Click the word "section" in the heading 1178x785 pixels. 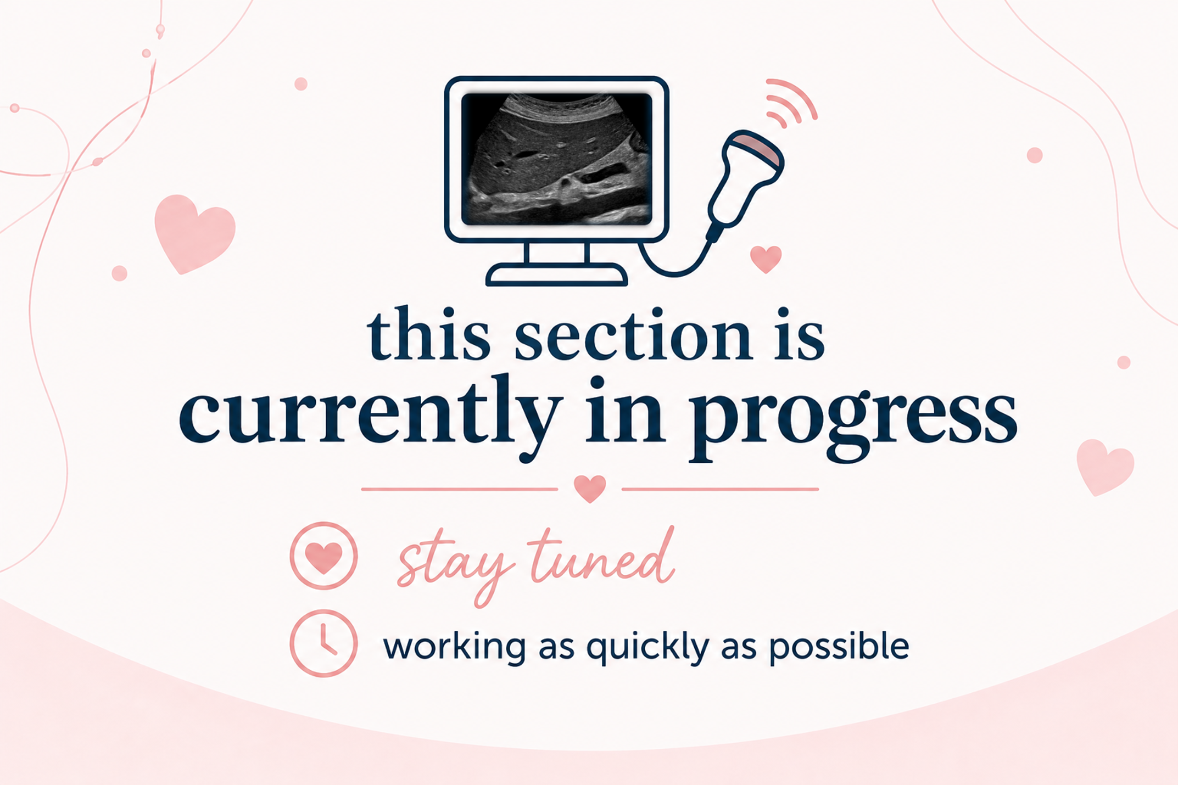(633, 334)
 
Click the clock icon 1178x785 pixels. (323, 643)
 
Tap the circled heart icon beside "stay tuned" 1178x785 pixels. (323, 556)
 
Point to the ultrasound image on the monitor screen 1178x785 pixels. (556, 159)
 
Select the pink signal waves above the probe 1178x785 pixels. (791, 103)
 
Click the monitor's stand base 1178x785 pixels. (556, 274)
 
